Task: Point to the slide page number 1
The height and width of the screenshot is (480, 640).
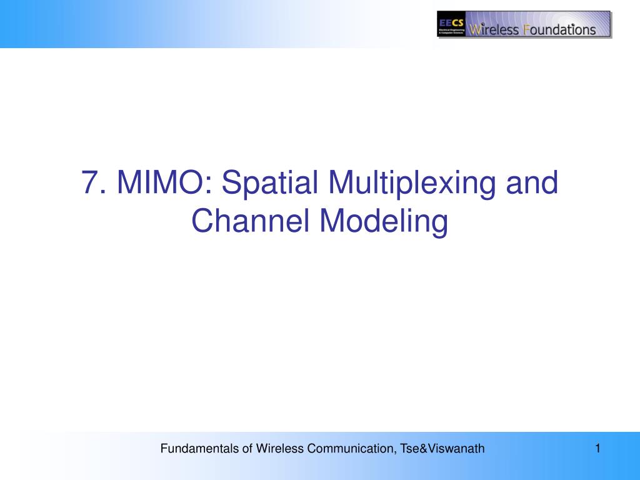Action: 597,447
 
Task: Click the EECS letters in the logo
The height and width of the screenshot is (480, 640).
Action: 450,17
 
